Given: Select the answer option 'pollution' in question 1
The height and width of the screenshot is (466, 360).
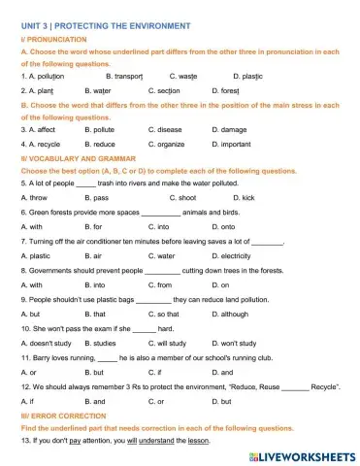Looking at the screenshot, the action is pyautogui.click(x=49, y=75).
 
